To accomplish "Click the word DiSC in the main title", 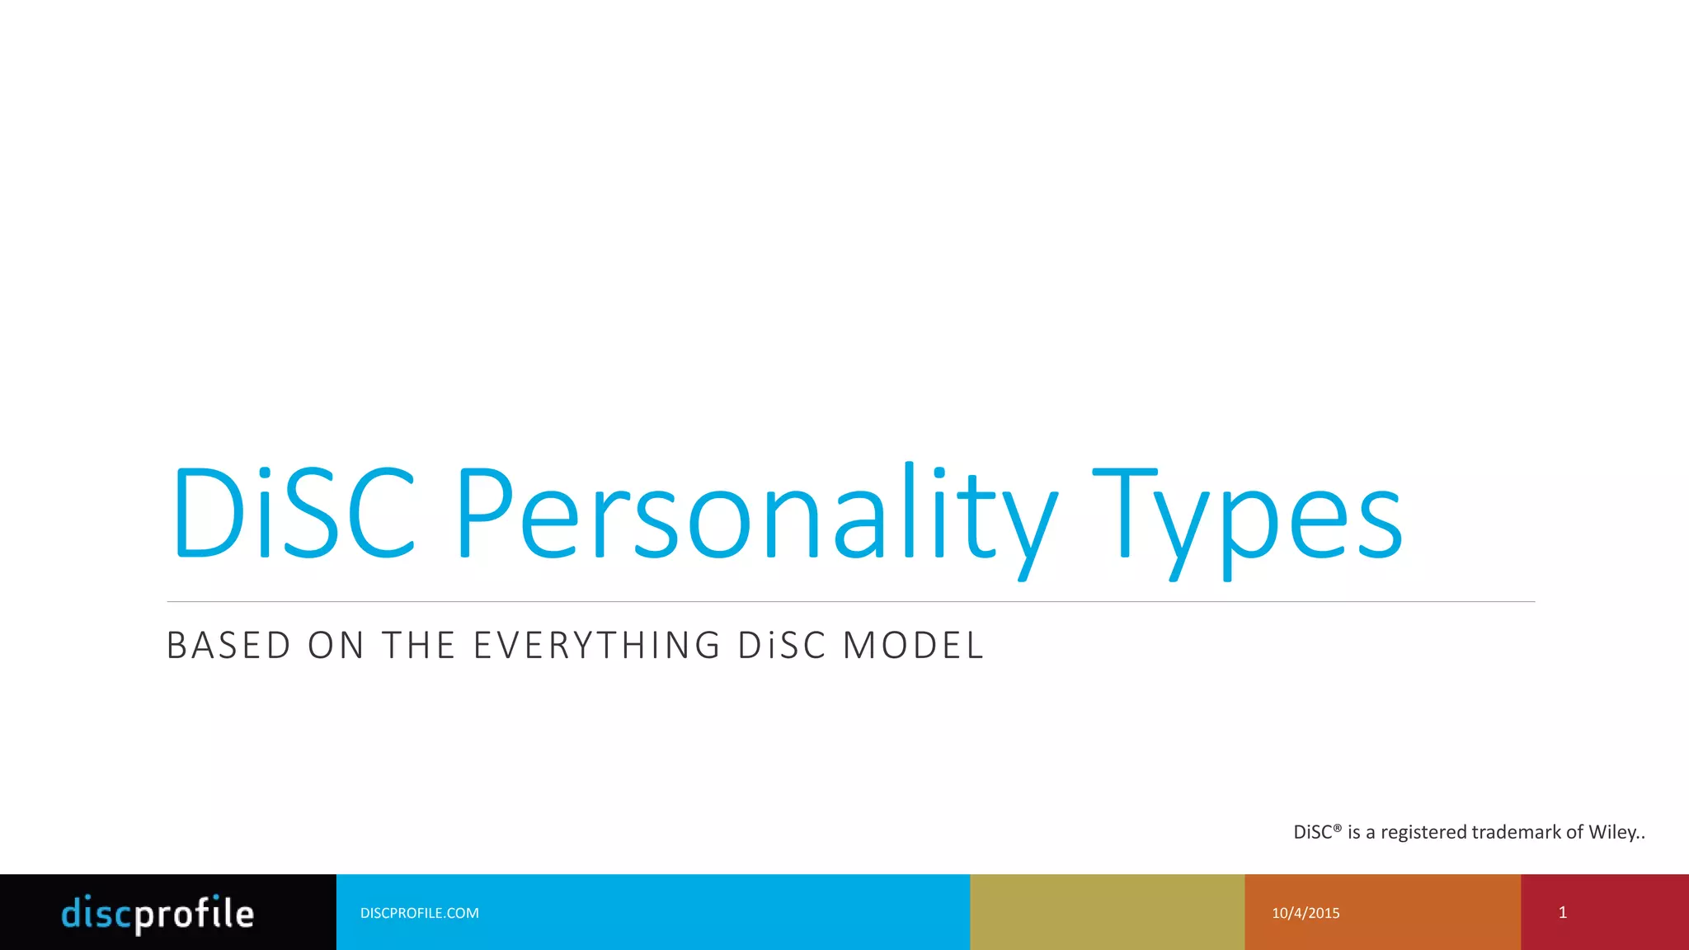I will [x=293, y=513].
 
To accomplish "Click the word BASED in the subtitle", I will [x=229, y=646].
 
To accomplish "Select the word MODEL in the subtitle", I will [x=913, y=646].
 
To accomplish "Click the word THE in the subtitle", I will [x=419, y=646].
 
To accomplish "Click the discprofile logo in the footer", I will [x=158, y=914].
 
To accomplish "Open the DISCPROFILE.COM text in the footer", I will [x=419, y=913].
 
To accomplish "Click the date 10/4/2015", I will [x=1306, y=913].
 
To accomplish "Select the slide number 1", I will [x=1562, y=912].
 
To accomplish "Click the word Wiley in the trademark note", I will [x=1612, y=832].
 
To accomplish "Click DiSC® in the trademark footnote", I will [x=1317, y=832].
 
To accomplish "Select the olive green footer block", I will [x=1107, y=912].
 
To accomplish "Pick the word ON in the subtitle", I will [x=336, y=646].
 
